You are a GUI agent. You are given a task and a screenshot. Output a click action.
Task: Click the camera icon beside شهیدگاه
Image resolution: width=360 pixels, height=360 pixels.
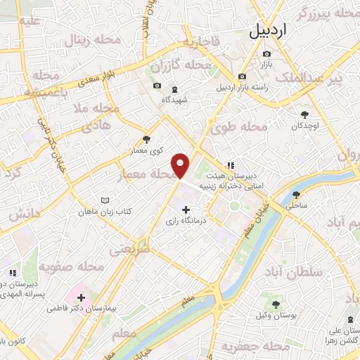point(157,86)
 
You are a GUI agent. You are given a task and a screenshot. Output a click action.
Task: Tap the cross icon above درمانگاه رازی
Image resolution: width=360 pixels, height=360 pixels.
point(186,210)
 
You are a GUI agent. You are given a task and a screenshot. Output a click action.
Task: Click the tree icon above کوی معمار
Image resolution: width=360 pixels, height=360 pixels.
point(146,139)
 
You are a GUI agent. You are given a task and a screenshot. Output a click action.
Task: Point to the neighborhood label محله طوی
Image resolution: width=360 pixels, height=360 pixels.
point(239,127)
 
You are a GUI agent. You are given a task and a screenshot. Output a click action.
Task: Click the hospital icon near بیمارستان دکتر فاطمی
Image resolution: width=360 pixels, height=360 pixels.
point(79,297)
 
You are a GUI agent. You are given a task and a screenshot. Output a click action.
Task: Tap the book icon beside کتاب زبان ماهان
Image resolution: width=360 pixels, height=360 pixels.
point(105,200)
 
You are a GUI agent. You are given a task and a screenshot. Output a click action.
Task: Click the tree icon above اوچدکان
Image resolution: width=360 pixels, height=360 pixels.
point(304,114)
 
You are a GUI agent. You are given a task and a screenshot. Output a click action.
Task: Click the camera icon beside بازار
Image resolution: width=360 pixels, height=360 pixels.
point(243,76)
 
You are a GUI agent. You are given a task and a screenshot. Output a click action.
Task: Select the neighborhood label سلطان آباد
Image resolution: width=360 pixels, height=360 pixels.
point(295,271)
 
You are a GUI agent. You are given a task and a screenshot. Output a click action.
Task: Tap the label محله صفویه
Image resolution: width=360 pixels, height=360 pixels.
point(71,267)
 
